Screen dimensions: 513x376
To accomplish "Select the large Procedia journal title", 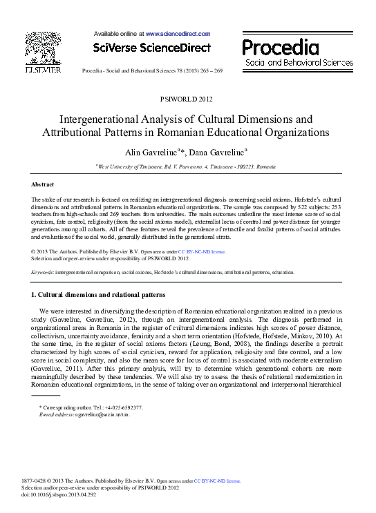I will (x=281, y=47).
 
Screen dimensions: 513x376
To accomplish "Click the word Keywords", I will (x=43, y=272).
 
